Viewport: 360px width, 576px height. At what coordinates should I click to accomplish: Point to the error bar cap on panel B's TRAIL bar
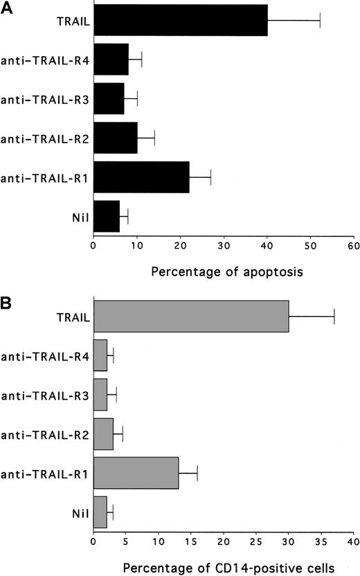pos(334,316)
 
